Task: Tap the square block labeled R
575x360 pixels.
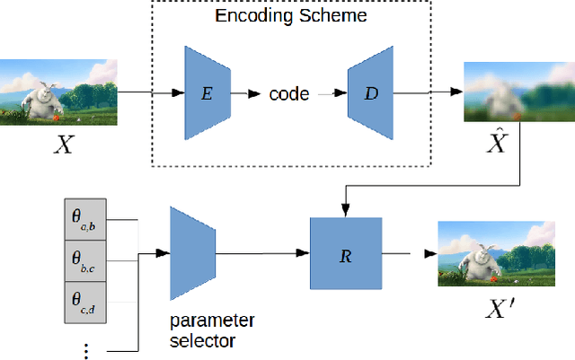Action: (345, 253)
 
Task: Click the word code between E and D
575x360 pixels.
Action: (289, 92)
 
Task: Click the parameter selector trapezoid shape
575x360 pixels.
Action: (190, 252)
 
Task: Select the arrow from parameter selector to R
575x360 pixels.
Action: (261, 253)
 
